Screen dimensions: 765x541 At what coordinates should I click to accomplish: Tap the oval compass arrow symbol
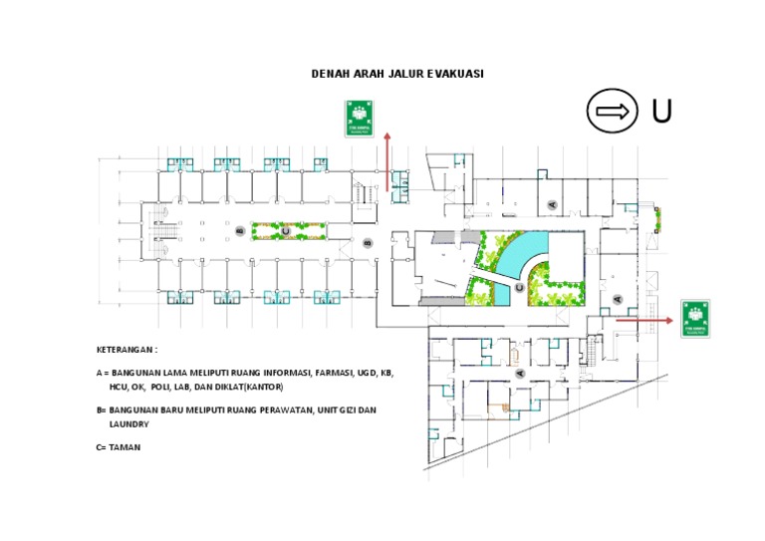(x=613, y=112)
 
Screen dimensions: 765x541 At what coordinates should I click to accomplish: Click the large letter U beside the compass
(x=661, y=113)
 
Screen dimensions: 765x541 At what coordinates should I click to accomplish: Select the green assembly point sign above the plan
(x=359, y=118)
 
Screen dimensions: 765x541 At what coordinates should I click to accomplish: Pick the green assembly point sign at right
(x=695, y=318)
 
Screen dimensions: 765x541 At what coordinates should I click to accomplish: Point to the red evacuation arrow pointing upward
(x=387, y=159)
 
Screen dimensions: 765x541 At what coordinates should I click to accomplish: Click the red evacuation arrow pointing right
(x=643, y=320)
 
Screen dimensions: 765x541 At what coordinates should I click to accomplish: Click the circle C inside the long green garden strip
(x=285, y=231)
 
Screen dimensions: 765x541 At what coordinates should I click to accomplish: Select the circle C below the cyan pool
(x=519, y=287)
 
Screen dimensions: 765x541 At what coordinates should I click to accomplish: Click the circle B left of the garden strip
(x=238, y=231)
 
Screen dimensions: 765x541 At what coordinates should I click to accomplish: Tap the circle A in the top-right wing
(x=552, y=203)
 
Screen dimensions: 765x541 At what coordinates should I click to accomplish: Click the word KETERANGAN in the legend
(x=126, y=350)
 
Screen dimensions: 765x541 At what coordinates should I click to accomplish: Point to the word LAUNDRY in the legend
(x=129, y=423)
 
